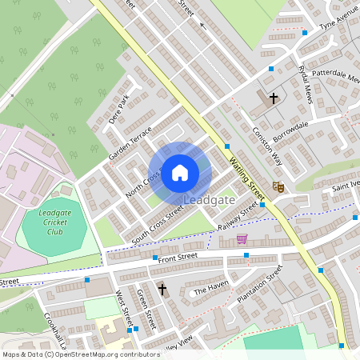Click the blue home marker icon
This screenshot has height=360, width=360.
[x=180, y=172]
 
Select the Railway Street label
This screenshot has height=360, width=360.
[x=238, y=216]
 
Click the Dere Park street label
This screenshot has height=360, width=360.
[x=118, y=112]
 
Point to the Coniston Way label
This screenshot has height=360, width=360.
[x=268, y=146]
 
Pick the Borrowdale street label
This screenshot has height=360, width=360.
[x=290, y=131]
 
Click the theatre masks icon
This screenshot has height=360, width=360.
[x=278, y=186]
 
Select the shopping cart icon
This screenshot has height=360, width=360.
[x=242, y=238]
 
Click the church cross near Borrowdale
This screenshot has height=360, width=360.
[x=274, y=98]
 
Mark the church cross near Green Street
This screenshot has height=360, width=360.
[x=162, y=289]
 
